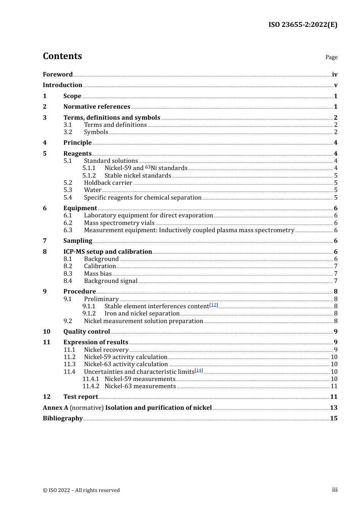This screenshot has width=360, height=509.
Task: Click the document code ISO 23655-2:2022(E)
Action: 303,25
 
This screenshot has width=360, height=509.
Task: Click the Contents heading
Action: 62,56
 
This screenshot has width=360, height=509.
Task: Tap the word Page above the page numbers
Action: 331,57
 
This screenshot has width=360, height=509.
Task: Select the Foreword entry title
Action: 58,75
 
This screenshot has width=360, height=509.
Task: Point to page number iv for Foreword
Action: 334,75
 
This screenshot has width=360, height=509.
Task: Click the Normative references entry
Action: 97,107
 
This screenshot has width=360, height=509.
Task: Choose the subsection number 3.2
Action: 68,132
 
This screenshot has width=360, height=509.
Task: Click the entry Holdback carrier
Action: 108,183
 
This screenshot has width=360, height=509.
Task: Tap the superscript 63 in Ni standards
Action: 148,167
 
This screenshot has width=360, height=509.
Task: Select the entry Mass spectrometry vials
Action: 119,223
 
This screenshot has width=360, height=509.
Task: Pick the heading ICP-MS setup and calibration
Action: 108,252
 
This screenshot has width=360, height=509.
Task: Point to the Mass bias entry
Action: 98,274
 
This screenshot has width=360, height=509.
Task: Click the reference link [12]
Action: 214,305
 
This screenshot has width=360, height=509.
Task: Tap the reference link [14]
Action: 199,370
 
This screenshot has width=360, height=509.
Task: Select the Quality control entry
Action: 86,332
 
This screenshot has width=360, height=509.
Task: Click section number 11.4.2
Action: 91,386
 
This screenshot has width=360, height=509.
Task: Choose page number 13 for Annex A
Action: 333,408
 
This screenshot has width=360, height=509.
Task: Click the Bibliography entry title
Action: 63,418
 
